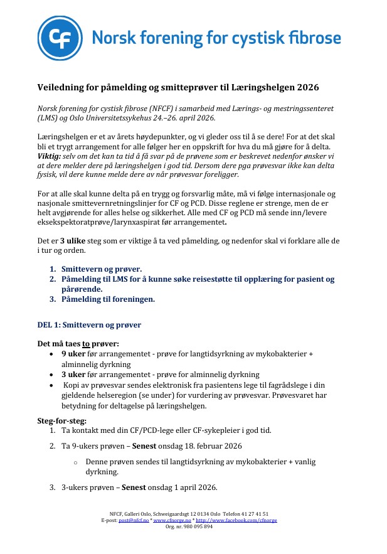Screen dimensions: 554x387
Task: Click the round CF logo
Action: pyautogui.click(x=59, y=38)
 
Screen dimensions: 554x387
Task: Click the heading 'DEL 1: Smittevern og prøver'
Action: pyautogui.click(x=89, y=325)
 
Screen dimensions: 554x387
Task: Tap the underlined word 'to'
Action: pyautogui.click(x=87, y=344)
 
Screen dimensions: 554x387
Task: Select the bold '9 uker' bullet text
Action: pyautogui.click(x=75, y=354)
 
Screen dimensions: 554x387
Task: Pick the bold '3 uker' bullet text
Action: pyautogui.click(x=75, y=375)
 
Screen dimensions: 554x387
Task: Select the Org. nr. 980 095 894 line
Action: pyautogui.click(x=189, y=526)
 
